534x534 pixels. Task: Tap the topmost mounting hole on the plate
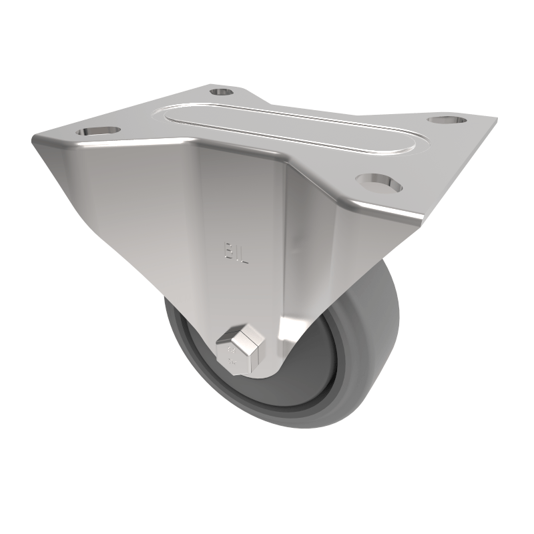click(221, 91)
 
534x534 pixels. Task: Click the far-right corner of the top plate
click(495, 121)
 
